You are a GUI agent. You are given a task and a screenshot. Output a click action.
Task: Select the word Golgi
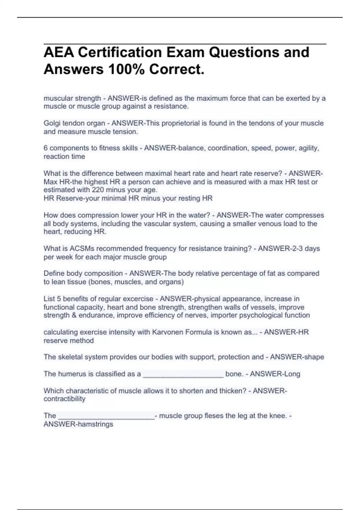click(53, 123)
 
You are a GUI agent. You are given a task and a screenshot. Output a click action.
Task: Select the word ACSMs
click(82, 249)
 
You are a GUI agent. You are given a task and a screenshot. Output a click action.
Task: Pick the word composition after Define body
click(104, 274)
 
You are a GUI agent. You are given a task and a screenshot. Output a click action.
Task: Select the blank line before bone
click(183, 375)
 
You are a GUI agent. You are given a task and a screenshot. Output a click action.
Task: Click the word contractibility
click(64, 399)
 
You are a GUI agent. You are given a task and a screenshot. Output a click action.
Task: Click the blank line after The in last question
click(106, 417)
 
